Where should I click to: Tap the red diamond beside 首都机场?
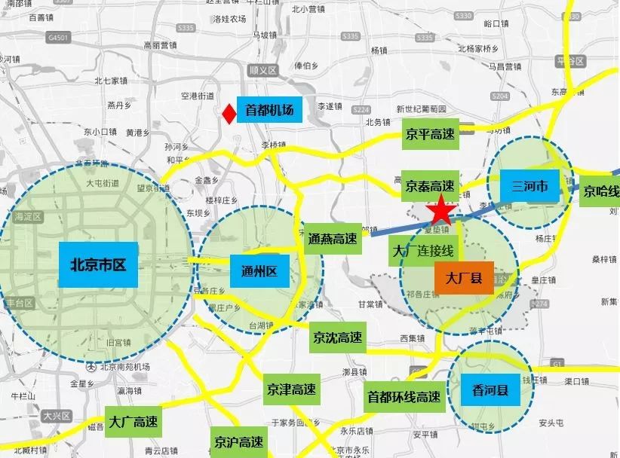click(x=227, y=113)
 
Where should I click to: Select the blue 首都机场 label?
click(x=269, y=111)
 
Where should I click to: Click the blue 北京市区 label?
click(x=97, y=265)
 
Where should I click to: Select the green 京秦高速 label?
click(x=429, y=185)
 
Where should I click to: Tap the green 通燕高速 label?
click(x=332, y=239)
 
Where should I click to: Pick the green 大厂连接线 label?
click(x=422, y=250)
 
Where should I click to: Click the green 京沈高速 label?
click(x=338, y=337)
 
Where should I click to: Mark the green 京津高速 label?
click(x=290, y=390)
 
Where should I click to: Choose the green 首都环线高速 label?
click(x=404, y=396)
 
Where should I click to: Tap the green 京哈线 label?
click(x=601, y=191)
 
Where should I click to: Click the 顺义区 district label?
click(x=263, y=71)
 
